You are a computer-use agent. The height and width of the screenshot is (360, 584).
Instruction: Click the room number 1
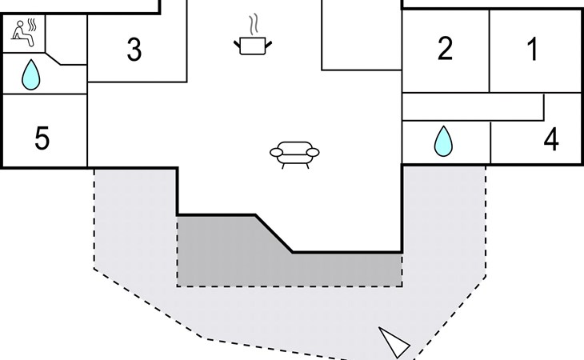point(534,49)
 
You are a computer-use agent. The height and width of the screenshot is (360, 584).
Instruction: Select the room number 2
point(445,48)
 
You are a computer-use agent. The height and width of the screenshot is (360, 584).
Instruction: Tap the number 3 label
point(134,50)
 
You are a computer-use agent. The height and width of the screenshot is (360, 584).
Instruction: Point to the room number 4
point(551,139)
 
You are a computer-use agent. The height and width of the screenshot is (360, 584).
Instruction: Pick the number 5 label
point(42,138)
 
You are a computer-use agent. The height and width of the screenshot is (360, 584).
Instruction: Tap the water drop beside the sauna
point(31,75)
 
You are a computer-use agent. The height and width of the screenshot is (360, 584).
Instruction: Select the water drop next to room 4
point(443,141)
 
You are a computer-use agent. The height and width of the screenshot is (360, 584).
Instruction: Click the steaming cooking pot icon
point(253,35)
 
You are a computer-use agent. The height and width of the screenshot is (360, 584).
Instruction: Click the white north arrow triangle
point(394,342)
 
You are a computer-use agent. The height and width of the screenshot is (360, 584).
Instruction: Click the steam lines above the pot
point(254,25)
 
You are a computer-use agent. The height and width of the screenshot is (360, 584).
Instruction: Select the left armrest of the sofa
point(276,152)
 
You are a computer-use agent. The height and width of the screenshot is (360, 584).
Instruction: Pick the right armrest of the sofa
point(313,152)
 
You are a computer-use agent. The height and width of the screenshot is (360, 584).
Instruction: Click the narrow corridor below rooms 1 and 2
point(473,106)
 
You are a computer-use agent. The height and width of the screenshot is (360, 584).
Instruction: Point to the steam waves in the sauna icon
point(33,25)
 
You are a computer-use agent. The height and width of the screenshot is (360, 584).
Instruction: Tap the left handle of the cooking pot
point(238,44)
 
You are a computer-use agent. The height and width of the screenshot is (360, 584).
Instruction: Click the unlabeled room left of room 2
point(362,34)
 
